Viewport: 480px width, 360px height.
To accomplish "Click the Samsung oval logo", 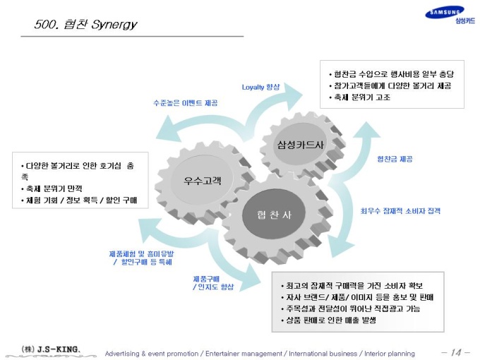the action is point(445,12).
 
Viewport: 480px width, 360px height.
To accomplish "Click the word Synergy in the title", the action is point(114,25).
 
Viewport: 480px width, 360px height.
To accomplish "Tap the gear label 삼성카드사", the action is point(300,145).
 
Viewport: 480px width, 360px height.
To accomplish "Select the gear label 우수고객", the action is point(202,180).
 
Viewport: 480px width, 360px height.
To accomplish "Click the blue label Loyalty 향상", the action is point(260,88).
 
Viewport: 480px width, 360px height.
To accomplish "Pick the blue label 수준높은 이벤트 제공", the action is point(185,103).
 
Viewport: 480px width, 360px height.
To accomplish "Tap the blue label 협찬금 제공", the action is point(395,159).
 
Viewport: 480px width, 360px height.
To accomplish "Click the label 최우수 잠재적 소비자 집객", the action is point(400,210).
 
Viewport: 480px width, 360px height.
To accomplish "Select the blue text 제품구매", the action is point(206,279).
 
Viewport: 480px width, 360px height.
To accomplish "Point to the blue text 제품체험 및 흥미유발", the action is point(141,254).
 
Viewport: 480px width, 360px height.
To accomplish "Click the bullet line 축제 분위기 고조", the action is point(359,97).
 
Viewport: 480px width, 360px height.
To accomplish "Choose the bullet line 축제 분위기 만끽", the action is point(51,188).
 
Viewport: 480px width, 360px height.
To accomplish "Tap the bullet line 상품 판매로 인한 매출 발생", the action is point(328,320).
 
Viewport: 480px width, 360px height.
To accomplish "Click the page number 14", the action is point(456,352).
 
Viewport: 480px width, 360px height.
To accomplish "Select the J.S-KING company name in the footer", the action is point(58,349).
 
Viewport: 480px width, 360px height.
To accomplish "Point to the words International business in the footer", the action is point(323,354).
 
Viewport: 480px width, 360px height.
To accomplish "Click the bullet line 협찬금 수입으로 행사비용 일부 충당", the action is point(391,74).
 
